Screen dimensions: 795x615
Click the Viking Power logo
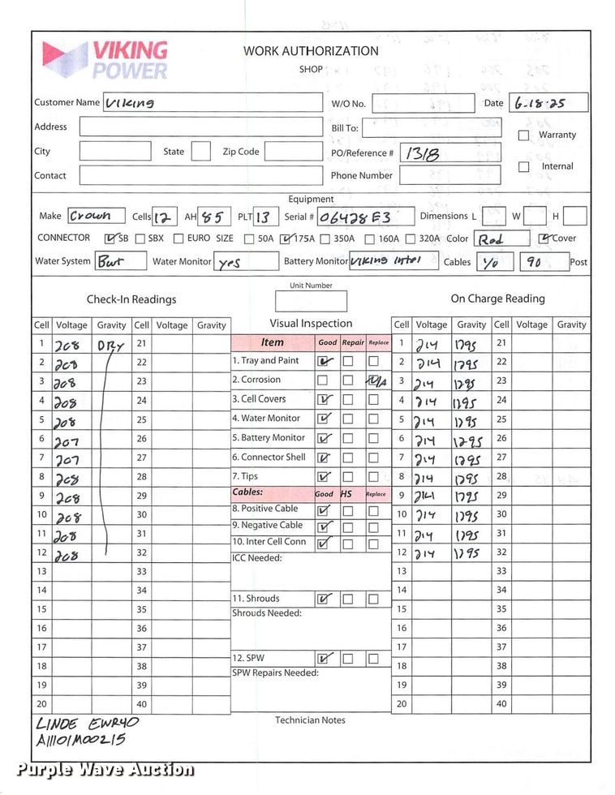[105, 59]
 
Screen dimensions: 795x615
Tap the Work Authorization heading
[311, 51]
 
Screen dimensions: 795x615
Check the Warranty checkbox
[523, 135]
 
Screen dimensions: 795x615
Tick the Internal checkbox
[523, 167]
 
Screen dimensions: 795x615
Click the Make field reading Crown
[96, 217]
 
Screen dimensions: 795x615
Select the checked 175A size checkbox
[285, 239]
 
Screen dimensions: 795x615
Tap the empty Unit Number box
[311, 302]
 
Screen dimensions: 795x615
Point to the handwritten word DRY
[110, 345]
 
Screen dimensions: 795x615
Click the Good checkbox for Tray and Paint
[325, 361]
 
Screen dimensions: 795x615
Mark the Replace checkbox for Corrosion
[374, 380]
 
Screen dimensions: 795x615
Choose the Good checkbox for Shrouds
[325, 599]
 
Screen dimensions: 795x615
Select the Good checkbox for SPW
[325, 659]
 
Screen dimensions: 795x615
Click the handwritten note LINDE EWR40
[88, 723]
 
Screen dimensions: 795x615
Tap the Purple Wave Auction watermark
[105, 770]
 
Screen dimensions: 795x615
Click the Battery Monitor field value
[394, 261]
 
